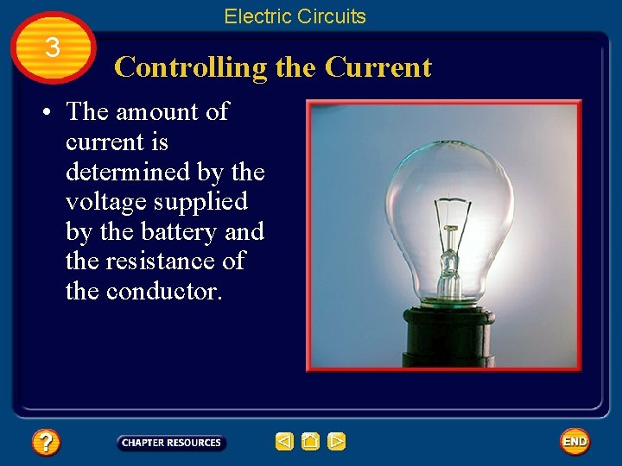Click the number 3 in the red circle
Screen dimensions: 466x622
pyautogui.click(x=53, y=48)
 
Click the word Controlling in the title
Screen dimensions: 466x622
pyautogui.click(x=191, y=67)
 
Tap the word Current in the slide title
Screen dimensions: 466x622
pyautogui.click(x=378, y=67)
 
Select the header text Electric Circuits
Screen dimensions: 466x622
pyautogui.click(x=295, y=16)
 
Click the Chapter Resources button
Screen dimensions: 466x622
pyautogui.click(x=171, y=443)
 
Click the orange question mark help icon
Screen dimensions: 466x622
pyautogui.click(x=46, y=443)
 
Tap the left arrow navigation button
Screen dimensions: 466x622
pyautogui.click(x=284, y=442)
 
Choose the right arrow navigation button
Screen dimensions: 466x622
pyautogui.click(x=337, y=442)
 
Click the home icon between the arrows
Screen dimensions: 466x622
pyautogui.click(x=311, y=442)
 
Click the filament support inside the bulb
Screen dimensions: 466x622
pyautogui.click(x=448, y=242)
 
